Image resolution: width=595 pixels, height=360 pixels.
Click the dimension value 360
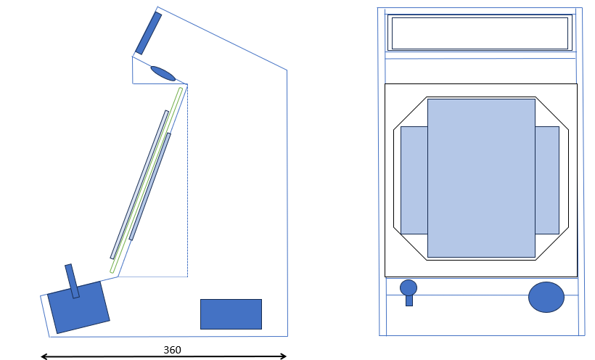click(172, 350)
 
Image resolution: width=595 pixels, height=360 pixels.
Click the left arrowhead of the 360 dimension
click(44, 356)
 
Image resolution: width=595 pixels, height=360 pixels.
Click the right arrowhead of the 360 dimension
click(284, 356)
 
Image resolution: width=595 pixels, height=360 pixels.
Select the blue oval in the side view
click(163, 74)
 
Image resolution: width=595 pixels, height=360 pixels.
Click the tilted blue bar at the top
click(148, 33)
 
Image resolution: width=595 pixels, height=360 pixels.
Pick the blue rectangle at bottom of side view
click(231, 314)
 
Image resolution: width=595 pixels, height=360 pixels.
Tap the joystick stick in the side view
click(72, 281)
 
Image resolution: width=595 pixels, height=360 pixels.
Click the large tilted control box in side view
click(78, 308)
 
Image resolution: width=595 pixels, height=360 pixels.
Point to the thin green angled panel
click(146, 181)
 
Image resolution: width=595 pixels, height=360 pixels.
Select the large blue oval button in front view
click(546, 297)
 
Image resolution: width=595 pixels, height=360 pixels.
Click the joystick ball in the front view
click(409, 288)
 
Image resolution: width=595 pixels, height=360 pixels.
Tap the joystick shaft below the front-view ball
click(409, 300)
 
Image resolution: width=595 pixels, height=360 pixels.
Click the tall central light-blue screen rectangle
click(481, 178)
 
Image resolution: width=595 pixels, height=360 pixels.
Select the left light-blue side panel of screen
click(414, 180)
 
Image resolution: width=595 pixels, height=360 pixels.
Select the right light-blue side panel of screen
click(547, 180)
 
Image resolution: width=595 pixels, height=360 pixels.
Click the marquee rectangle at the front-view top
click(480, 33)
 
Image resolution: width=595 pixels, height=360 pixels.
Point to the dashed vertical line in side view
click(187, 181)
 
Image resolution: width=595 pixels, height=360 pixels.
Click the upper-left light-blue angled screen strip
click(139, 184)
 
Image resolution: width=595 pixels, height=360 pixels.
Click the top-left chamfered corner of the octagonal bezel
click(410, 113)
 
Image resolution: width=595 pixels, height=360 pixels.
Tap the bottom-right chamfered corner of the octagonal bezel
click(552, 244)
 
